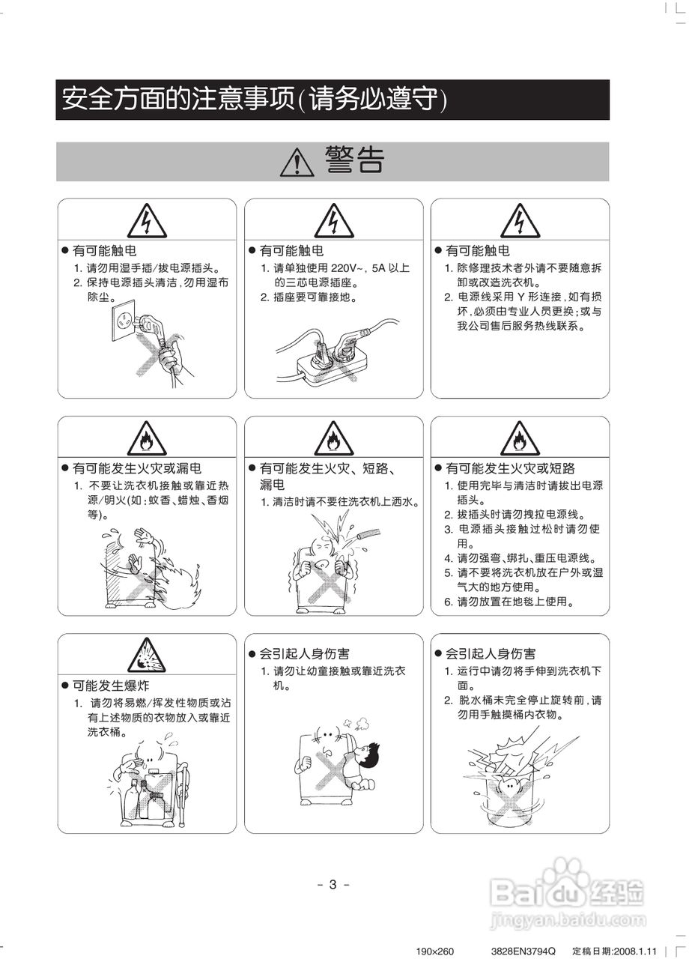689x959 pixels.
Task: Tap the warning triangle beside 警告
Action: pos(297,161)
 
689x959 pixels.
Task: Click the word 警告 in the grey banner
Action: pos(354,160)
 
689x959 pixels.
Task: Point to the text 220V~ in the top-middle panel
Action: pos(347,268)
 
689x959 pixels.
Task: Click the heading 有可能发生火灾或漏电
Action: pos(136,468)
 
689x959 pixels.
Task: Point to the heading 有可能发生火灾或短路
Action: pos(511,468)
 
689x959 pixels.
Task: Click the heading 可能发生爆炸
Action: pos(111,686)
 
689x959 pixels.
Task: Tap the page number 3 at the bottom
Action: pos(333,885)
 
